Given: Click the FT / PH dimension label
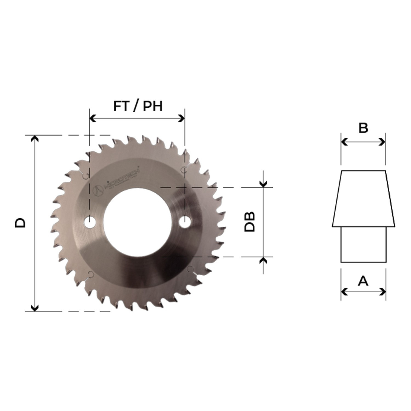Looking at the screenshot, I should pyautogui.click(x=138, y=106).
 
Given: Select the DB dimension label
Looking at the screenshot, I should pyautogui.click(x=250, y=222).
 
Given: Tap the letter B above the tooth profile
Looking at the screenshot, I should pyautogui.click(x=363, y=128).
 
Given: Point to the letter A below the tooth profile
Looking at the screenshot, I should pyautogui.click(x=363, y=281).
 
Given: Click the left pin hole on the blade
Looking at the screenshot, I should pyautogui.click(x=89, y=222).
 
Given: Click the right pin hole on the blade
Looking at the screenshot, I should pyautogui.click(x=185, y=221).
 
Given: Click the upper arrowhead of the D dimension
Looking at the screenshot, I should pyautogui.click(x=35, y=138).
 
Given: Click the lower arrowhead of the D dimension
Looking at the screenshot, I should pyautogui.click(x=35, y=308).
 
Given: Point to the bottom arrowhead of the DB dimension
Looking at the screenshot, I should pyautogui.click(x=263, y=260).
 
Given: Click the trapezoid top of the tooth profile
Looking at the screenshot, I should pyautogui.click(x=363, y=199).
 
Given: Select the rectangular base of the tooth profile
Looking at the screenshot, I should pyautogui.click(x=363, y=244).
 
